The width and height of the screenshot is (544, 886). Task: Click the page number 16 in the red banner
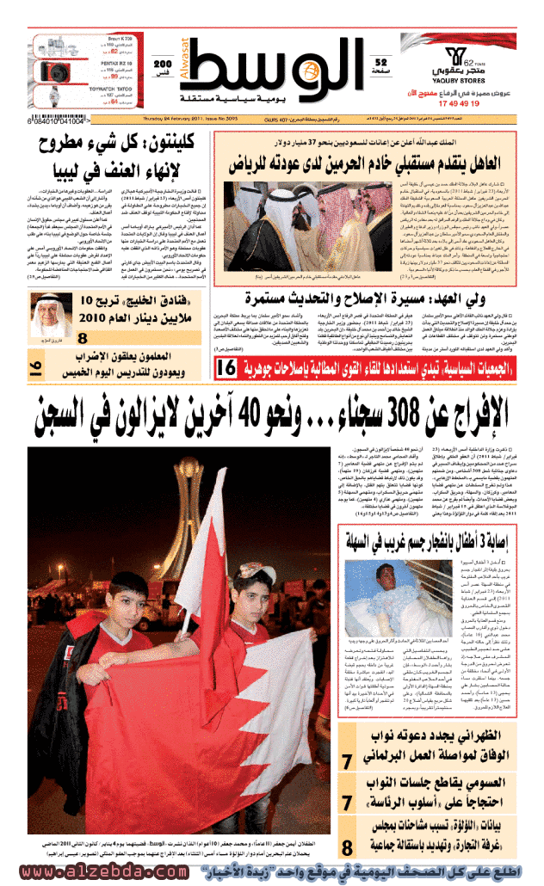228,367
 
